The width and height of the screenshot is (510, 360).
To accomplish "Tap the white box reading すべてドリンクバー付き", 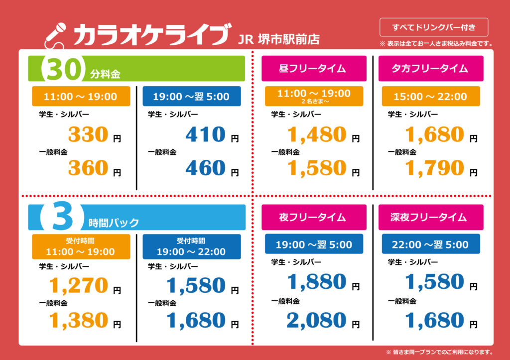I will click(433, 27).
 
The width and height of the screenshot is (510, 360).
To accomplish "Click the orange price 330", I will click(88, 135).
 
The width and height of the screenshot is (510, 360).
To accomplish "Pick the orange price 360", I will click(88, 168).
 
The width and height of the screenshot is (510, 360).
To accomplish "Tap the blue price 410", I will click(206, 135).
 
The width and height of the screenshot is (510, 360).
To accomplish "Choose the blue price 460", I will click(206, 168).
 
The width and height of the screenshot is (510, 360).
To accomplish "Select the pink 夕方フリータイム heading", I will click(430, 69).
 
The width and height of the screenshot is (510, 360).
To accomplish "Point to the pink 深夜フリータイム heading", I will click(430, 217).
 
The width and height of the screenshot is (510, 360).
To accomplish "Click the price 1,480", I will click(317, 135).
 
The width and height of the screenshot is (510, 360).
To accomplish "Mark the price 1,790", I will click(434, 168).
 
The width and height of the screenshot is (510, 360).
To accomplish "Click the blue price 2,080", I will click(317, 320).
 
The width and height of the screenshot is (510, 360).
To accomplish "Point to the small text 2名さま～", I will click(314, 102).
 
